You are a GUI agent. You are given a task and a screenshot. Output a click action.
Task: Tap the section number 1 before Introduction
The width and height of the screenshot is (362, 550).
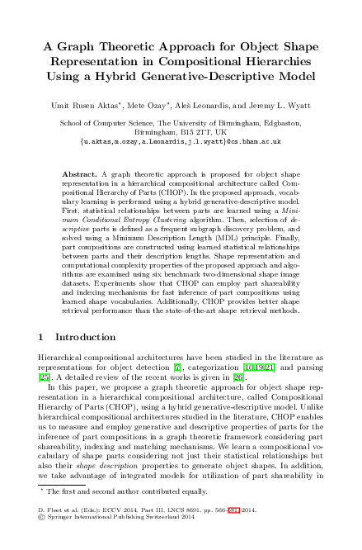[42, 338]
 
